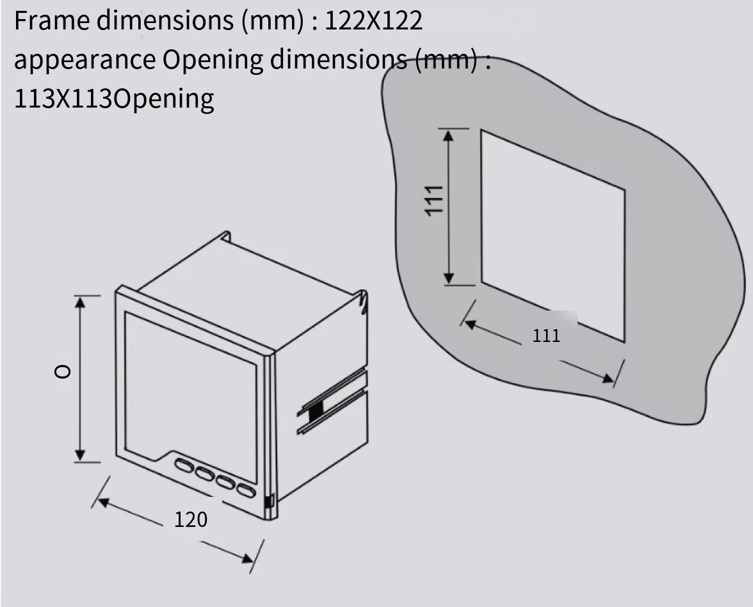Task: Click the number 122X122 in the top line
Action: pos(374,20)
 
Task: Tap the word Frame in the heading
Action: pos(52,20)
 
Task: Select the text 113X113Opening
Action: pos(114,99)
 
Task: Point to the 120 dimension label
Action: pos(191,520)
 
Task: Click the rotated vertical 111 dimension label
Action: pos(433,200)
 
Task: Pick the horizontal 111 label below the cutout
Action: pos(546,336)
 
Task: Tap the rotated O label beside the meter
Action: pos(63,371)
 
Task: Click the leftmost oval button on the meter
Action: pos(183,465)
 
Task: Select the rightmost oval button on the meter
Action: pos(246,490)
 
